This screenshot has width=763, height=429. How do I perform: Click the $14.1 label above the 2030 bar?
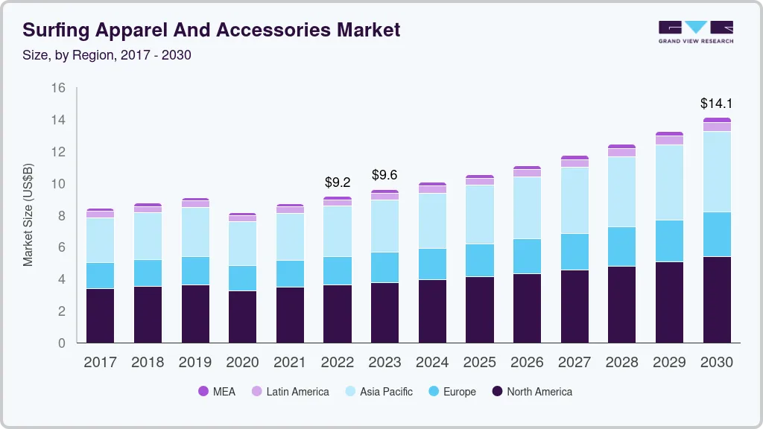[x=716, y=104]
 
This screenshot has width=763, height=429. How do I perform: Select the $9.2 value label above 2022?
[x=338, y=182]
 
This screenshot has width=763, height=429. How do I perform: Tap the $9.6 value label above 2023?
[x=384, y=175]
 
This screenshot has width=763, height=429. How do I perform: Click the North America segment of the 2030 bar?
[x=716, y=299]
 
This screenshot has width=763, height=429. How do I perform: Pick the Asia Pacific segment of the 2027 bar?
[x=574, y=200]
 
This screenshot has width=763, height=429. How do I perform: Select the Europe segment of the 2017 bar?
[x=100, y=276]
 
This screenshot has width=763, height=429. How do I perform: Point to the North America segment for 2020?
[x=242, y=317]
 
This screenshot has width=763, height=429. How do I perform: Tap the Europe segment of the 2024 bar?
[x=432, y=264]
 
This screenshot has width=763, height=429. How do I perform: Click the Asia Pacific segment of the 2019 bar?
[x=195, y=232]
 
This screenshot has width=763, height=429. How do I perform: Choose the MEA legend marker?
[x=203, y=392]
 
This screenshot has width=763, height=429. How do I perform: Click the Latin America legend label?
[x=297, y=392]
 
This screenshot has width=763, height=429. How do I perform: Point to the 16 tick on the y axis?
[x=58, y=88]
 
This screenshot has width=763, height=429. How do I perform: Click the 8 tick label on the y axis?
[x=62, y=216]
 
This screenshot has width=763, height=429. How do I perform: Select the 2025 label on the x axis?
[x=480, y=363]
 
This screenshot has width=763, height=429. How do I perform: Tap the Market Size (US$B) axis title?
[x=28, y=214]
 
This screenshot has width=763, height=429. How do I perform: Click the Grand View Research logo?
[x=695, y=31]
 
